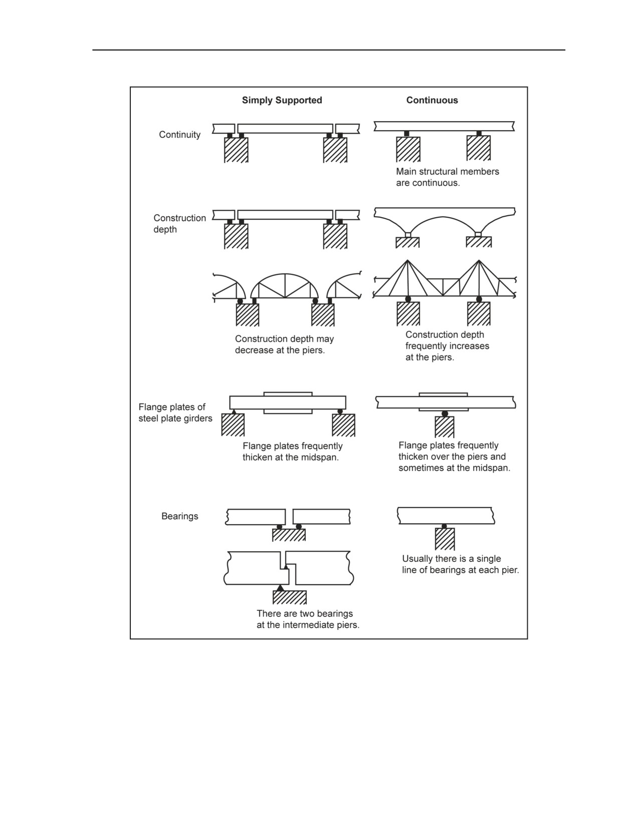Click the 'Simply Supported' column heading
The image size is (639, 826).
coord(282,100)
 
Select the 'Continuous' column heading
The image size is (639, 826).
coord(432,100)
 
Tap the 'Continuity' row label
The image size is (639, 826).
coord(179,135)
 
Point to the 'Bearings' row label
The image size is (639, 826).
coord(179,516)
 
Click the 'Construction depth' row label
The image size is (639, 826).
coord(179,223)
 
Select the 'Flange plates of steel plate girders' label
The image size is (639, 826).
coord(175,412)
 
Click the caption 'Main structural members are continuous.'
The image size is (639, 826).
coord(448,177)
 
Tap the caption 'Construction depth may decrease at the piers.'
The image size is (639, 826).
coord(284,344)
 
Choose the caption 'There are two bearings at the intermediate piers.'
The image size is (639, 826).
coord(308,619)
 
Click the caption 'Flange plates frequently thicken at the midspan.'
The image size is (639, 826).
coord(293,452)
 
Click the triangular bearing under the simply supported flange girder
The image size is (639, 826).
coord(234,411)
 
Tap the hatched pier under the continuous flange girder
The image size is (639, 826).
coord(445,427)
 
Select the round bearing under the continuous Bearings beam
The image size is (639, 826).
coord(444,526)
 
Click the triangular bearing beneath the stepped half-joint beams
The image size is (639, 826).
coord(280,588)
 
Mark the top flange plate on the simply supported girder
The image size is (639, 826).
coord(288,394)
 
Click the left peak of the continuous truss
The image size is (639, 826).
coord(407,260)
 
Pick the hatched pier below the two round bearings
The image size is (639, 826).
coord(289,535)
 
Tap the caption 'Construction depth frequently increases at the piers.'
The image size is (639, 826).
coord(447,346)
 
